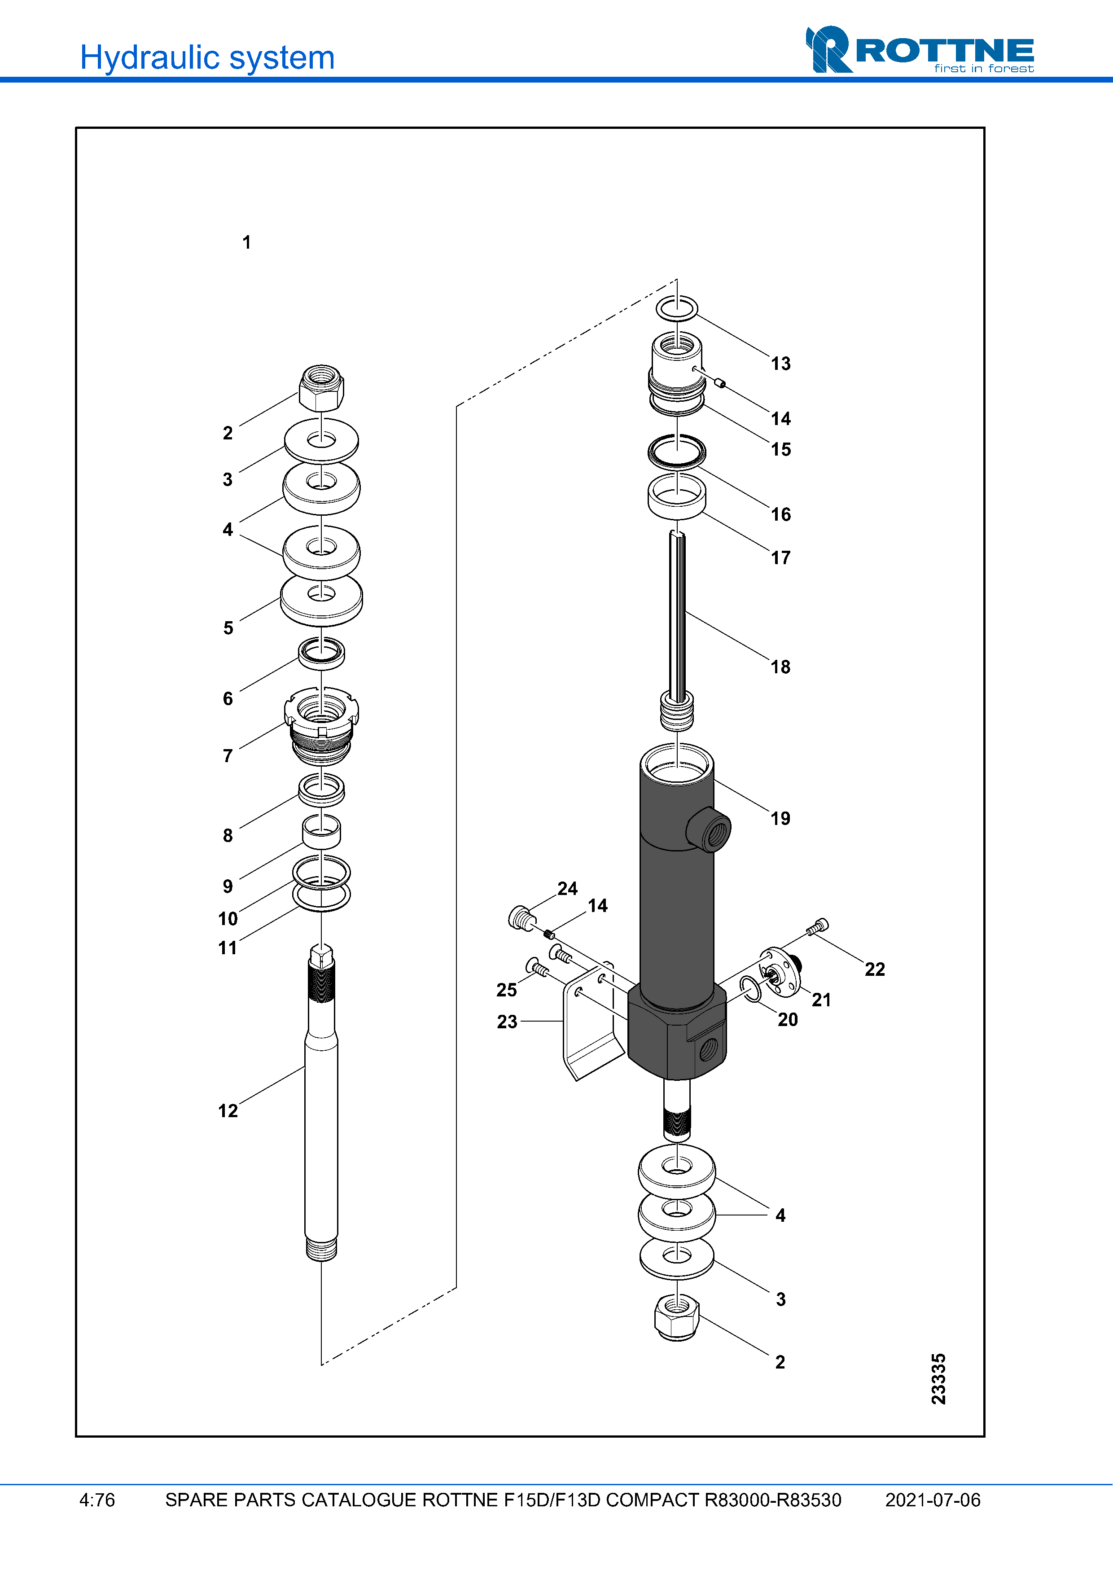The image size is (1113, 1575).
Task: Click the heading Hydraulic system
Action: click(x=207, y=57)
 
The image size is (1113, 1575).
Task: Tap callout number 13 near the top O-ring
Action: click(x=780, y=364)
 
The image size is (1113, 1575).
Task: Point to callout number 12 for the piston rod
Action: click(x=228, y=1110)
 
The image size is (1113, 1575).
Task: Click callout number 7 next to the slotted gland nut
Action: click(x=228, y=756)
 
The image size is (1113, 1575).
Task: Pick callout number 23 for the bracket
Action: click(x=507, y=1022)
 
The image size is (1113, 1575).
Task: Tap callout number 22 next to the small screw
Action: click(x=874, y=970)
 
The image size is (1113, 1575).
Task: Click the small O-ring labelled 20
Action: click(x=752, y=990)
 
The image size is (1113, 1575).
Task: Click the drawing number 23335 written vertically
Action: click(x=938, y=1379)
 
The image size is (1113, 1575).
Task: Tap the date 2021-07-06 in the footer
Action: click(x=932, y=1500)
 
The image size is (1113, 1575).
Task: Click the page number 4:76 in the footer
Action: click(x=97, y=1500)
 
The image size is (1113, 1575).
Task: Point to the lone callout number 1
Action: click(x=246, y=242)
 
